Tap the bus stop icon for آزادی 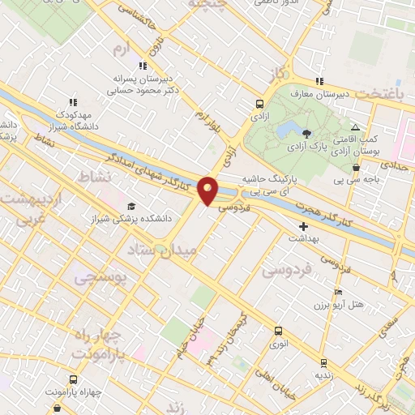click(259, 104)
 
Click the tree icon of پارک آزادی click(306, 134)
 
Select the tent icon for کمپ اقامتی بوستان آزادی click(355, 128)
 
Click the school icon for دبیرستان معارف click(319, 81)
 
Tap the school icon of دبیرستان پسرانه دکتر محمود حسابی click(143, 66)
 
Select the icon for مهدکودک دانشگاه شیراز click(72, 103)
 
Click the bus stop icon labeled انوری click(278, 331)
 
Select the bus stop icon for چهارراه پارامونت click(74, 379)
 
